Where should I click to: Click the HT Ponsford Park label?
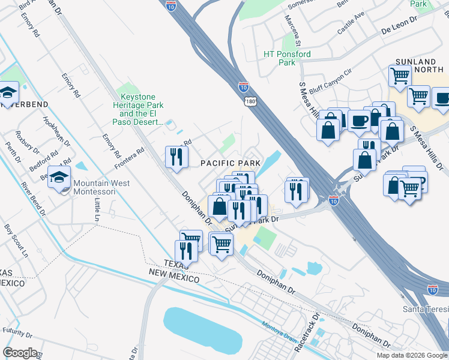[288, 58]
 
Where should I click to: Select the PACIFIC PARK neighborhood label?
[230, 163]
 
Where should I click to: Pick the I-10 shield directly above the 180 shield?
[243, 87]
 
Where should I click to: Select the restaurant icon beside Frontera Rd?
[176, 157]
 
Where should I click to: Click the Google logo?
[20, 353]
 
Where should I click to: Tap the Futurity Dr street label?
[17, 331]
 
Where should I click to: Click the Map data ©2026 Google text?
[412, 355]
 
